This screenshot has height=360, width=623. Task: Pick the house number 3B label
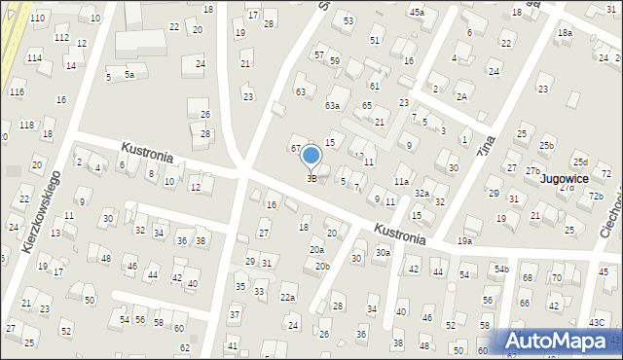[x=311, y=178]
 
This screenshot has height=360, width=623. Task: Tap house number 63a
[x=332, y=105]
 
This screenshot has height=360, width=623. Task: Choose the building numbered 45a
[x=417, y=12]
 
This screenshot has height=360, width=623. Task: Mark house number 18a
[x=565, y=33]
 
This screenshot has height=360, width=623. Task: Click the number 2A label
[x=461, y=96]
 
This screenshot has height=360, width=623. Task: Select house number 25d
[x=580, y=162]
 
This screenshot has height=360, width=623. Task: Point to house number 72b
[x=596, y=196]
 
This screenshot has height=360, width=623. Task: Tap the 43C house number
[x=597, y=322]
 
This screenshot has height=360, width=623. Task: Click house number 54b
[x=500, y=269]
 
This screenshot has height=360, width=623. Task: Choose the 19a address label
[x=465, y=240]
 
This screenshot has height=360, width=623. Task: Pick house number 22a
[x=288, y=298]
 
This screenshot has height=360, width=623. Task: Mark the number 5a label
[x=129, y=74]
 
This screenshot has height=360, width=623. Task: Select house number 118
[x=26, y=126]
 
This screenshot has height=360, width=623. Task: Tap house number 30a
[x=383, y=253]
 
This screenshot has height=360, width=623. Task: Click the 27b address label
[x=532, y=171]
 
